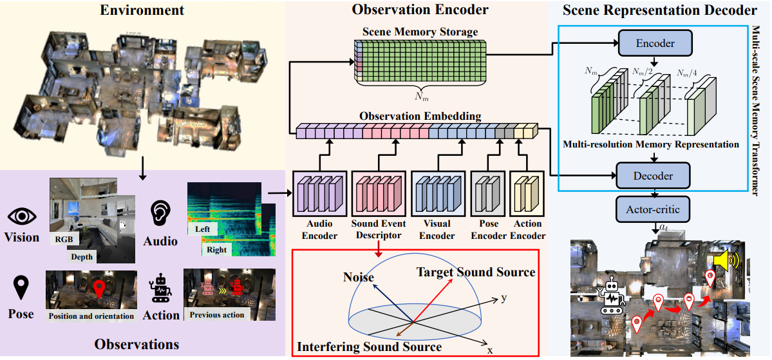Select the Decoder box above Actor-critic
(654, 175)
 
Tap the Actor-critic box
(654, 209)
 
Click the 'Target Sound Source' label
(476, 272)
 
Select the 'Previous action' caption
(217, 315)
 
